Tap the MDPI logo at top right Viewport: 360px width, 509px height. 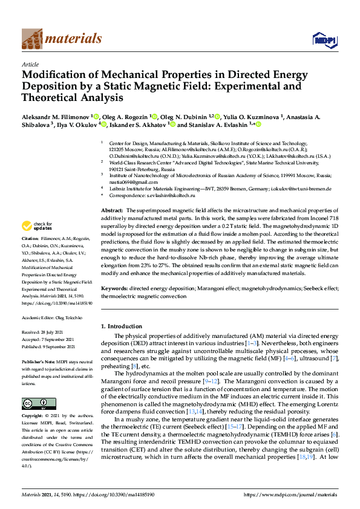pyautogui.click(x=320, y=40)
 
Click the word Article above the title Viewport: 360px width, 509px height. pyautogui.click(x=30, y=64)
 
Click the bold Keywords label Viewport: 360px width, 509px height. pyautogui.click(x=114, y=289)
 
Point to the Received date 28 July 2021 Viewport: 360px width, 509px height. pyautogui.click(x=59, y=332)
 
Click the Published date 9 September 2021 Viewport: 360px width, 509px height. pyautogui.click(x=62, y=347)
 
